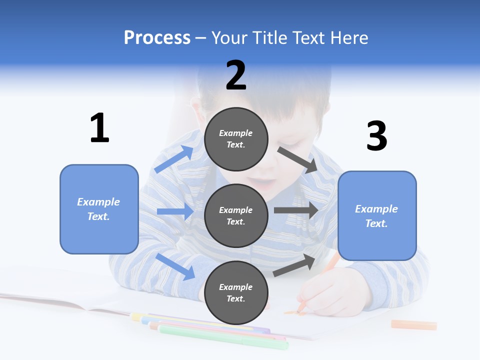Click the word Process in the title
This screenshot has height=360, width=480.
tap(157, 38)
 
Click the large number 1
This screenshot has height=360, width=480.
tap(99, 128)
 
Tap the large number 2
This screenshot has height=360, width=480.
tap(236, 75)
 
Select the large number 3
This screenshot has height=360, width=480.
tap(376, 136)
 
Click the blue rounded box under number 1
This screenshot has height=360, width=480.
tap(99, 209)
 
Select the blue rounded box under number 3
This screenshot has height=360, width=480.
tap(377, 215)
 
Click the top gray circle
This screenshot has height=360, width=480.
tap(236, 139)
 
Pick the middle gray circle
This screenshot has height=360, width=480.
tap(236, 215)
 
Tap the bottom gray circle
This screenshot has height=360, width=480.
tap(236, 292)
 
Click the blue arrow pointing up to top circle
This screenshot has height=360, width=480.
tap(174, 159)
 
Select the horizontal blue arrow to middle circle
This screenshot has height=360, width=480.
tap(175, 211)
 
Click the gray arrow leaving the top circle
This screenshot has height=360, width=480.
tap(297, 160)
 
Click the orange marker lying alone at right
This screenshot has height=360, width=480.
tap(413, 325)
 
